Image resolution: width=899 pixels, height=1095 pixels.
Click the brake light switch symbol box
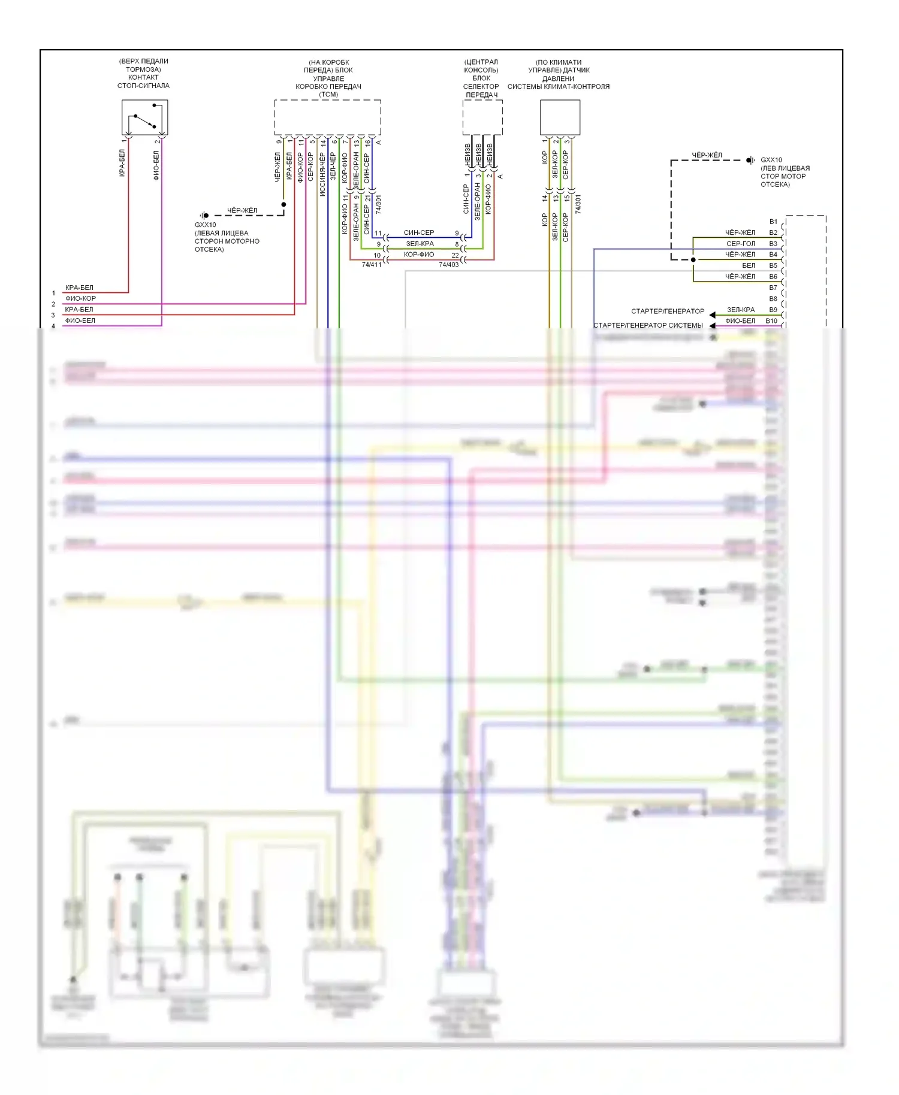(144, 117)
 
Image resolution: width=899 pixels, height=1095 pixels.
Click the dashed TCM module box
(327, 117)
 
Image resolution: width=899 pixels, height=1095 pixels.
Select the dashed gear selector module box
(482, 117)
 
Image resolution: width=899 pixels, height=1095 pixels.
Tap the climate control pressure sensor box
(560, 117)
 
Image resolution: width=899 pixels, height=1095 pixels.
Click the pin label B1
(773, 222)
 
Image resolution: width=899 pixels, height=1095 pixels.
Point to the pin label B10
(771, 321)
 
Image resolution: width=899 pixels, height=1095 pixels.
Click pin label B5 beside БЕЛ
(773, 265)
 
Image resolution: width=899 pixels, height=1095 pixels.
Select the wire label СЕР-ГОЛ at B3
(741, 244)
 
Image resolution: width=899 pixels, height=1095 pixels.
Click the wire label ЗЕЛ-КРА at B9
(741, 310)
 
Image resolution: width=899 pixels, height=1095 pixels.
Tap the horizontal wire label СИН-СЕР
(419, 232)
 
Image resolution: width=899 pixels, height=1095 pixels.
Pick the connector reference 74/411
(372, 264)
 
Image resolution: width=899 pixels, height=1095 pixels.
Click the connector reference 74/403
(448, 264)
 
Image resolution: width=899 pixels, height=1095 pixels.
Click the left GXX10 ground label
(205, 225)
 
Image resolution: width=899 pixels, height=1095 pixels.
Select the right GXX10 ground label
(771, 160)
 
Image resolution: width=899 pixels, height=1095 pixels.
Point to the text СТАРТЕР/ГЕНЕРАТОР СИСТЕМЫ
(648, 325)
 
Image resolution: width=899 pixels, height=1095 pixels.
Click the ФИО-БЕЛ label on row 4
(80, 320)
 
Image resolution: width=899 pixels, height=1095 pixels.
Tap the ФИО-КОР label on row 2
(80, 298)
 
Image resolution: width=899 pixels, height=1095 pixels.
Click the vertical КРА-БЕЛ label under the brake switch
(122, 163)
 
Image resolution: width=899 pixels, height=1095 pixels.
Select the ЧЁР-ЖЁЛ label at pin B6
(740, 277)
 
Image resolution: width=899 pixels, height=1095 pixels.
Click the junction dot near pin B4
(693, 260)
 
